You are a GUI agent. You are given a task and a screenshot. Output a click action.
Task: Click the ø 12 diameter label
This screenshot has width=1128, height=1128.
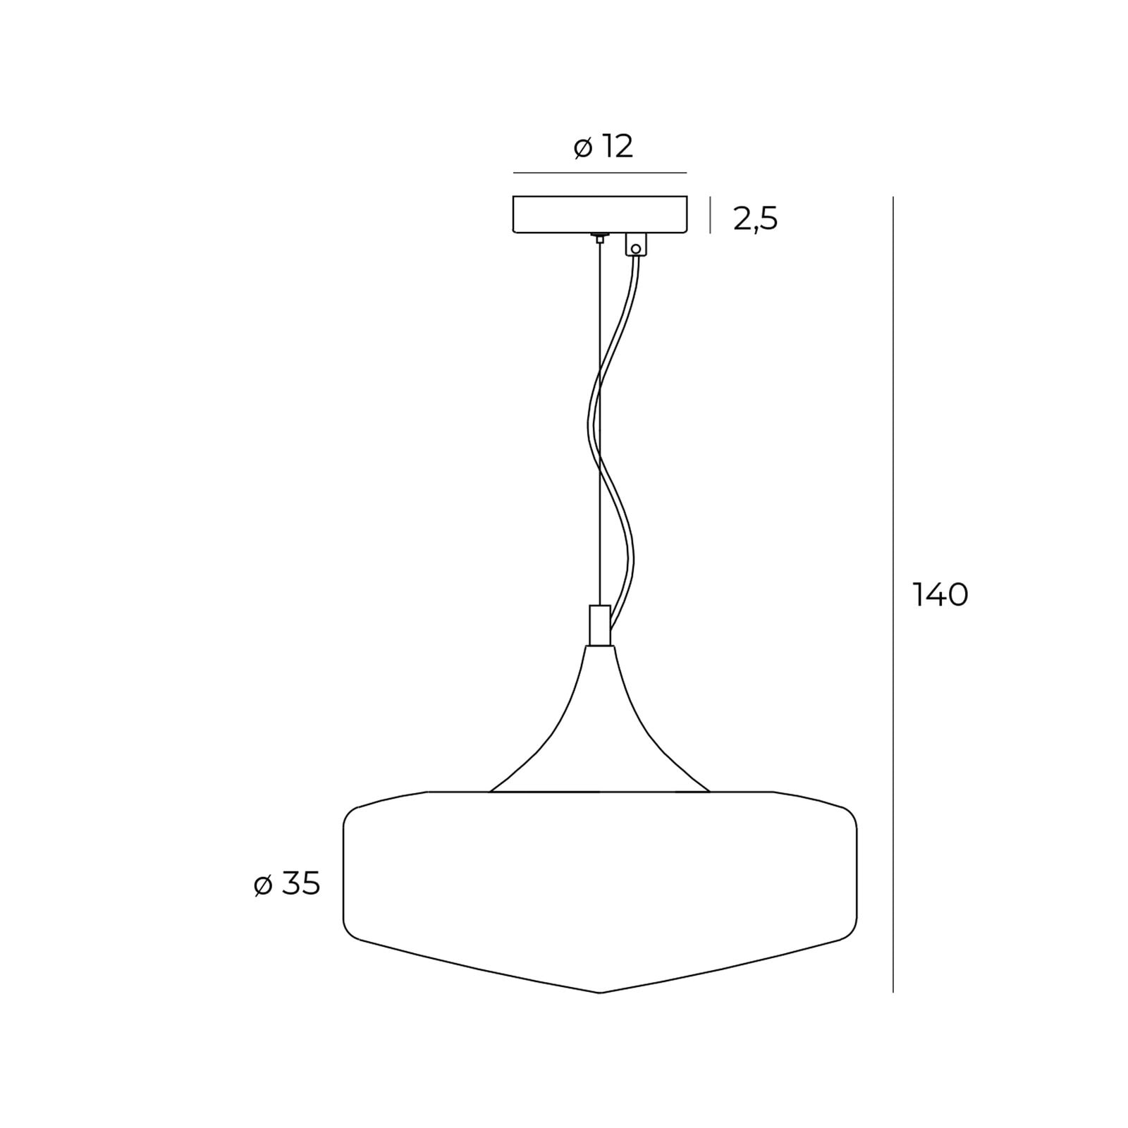point(603,147)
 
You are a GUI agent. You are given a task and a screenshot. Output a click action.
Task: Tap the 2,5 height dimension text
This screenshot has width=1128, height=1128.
point(756,219)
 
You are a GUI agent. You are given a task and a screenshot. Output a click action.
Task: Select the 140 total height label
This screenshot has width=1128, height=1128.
point(940,595)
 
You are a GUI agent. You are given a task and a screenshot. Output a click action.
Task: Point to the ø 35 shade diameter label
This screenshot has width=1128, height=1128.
point(287,884)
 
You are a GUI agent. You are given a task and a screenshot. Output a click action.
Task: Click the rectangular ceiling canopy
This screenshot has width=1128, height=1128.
point(600,214)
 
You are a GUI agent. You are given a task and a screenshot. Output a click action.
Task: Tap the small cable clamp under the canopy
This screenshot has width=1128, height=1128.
point(636,245)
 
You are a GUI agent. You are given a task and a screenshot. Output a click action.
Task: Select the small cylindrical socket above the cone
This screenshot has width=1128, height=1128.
point(599,625)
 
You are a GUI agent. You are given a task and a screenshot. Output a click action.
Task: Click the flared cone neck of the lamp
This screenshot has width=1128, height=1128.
point(599,719)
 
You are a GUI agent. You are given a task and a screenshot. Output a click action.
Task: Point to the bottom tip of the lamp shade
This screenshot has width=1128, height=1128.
point(600,993)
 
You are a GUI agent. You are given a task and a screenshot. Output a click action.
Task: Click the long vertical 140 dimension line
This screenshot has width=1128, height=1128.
point(893,594)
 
